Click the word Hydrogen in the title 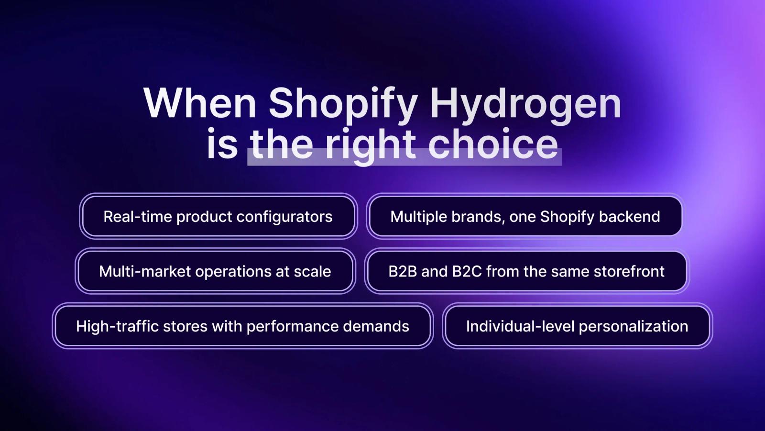[x=525, y=104]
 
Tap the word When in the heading [x=200, y=103]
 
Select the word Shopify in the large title [x=343, y=104]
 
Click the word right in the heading [x=371, y=145]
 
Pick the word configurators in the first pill [x=284, y=217]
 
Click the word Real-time [x=138, y=217]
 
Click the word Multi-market [x=145, y=272]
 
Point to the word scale [x=313, y=272]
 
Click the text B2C [x=467, y=272]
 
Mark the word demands [x=376, y=326]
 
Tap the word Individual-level [x=520, y=326]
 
